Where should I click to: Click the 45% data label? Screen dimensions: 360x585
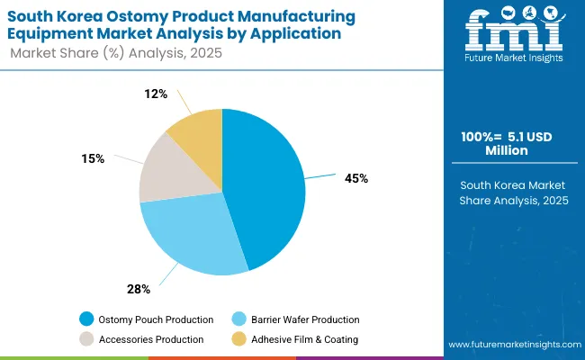(x=355, y=178)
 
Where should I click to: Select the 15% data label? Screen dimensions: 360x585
(x=93, y=158)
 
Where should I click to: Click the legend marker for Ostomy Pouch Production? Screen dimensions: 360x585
(x=86, y=319)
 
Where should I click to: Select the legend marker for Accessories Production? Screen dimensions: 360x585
(x=86, y=339)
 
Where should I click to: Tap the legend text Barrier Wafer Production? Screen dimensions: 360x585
(x=305, y=319)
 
